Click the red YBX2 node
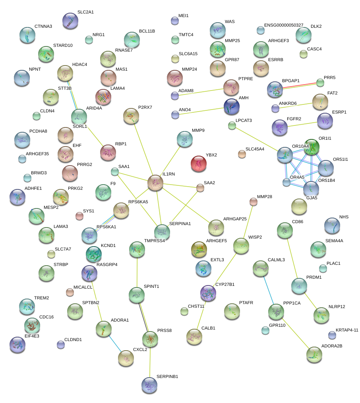(x=199, y=164)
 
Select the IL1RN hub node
(x=155, y=182)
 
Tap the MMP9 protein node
(x=184, y=139)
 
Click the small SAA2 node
(x=200, y=188)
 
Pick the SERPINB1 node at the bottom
(x=150, y=384)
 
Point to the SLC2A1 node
(x=70, y=21)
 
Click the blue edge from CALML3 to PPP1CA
(x=268, y=290)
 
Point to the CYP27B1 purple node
(x=208, y=293)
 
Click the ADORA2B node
(x=314, y=354)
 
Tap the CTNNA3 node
(x=27, y=35)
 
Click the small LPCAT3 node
(x=232, y=126)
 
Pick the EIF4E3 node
(x=17, y=344)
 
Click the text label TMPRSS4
(x=154, y=241)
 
